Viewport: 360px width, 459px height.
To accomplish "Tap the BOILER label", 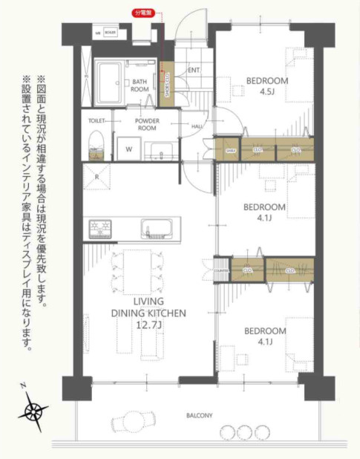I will tap(111, 33).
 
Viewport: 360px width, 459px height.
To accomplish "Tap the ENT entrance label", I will tap(194, 71).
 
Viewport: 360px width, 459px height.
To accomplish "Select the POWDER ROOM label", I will tap(148, 124).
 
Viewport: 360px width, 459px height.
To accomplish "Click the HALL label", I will tap(197, 126).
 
